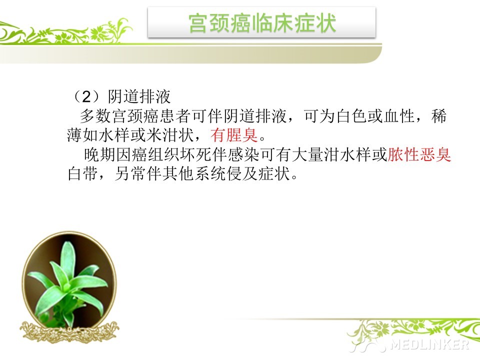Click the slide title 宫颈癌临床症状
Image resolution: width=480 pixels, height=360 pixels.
(x=262, y=23)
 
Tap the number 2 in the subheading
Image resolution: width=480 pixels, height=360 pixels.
(x=86, y=96)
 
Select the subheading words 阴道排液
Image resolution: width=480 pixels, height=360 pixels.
(x=139, y=96)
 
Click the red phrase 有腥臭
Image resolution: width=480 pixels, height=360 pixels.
(x=234, y=135)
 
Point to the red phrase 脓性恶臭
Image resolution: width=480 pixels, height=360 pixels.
(x=419, y=154)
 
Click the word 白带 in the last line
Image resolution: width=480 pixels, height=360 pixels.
(x=83, y=174)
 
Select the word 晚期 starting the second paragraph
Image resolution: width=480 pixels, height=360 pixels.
(x=99, y=154)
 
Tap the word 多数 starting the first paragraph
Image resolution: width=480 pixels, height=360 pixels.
(x=96, y=116)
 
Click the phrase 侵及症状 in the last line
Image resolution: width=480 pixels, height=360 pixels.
(x=258, y=174)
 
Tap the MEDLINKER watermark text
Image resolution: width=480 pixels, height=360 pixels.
(x=429, y=344)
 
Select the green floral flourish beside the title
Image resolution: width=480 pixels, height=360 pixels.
(x=66, y=32)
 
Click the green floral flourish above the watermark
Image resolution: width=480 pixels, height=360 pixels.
(x=413, y=330)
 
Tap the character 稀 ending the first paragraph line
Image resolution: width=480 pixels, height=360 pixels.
(x=439, y=116)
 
